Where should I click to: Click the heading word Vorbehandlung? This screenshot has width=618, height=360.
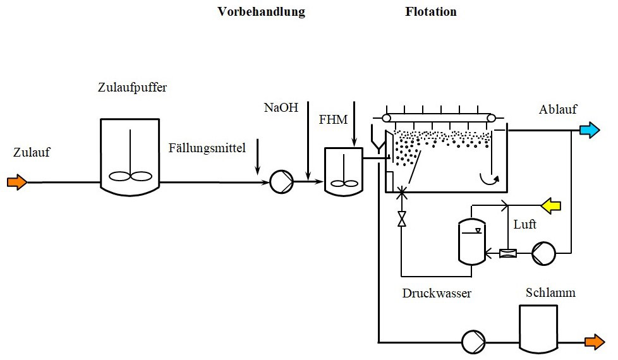click(x=261, y=12)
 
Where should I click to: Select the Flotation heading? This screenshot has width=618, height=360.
click(x=430, y=12)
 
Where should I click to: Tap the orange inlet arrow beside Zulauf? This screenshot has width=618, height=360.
click(x=17, y=183)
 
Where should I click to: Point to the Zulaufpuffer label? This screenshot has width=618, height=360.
click(x=133, y=87)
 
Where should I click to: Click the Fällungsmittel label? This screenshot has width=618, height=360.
click(x=207, y=148)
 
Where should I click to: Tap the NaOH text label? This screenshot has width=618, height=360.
click(x=281, y=107)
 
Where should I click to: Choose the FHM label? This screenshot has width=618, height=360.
click(x=333, y=119)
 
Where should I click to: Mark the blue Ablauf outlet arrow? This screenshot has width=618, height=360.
click(x=590, y=131)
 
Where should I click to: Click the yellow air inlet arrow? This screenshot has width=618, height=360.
click(x=550, y=205)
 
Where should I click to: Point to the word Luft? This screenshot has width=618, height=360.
click(x=524, y=224)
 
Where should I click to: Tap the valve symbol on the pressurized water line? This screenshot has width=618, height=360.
click(x=401, y=219)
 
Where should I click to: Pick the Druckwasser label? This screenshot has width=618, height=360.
click(x=437, y=294)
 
